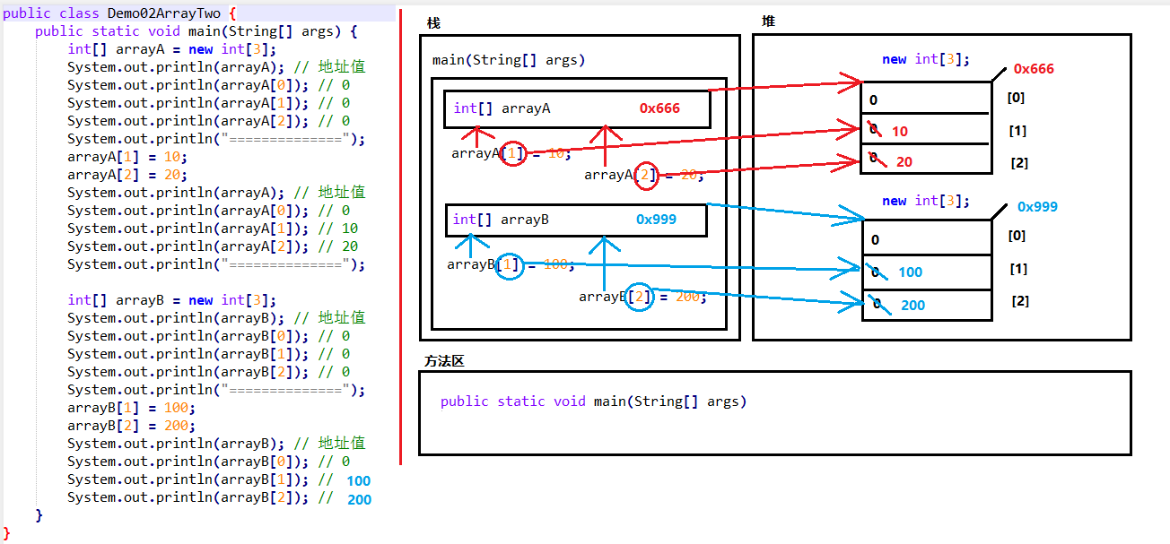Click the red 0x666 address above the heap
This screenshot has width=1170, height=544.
pos(1034,69)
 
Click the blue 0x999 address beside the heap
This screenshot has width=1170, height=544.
pos(1037,207)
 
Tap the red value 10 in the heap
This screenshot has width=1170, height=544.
pos(900,132)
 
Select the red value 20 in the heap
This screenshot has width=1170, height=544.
pos(904,162)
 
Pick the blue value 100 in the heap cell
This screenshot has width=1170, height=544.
pos(910,272)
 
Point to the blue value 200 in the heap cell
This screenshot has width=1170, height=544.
pos(912,306)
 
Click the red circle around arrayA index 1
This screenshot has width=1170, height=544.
pos(512,154)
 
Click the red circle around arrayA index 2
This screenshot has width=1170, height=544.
pos(645,176)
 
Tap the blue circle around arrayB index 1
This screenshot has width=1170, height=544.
pos(510,265)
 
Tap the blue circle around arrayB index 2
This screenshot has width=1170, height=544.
pos(640,298)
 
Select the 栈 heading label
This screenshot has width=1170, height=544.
pos(434,22)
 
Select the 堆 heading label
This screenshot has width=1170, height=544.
pos(768,21)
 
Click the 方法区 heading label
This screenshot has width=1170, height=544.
pos(444,361)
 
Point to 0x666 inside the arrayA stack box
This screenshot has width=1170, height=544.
pos(659,108)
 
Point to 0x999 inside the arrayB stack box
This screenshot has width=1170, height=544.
pos(656,220)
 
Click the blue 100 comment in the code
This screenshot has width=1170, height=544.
pos(359,481)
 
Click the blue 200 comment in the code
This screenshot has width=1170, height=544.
pos(359,499)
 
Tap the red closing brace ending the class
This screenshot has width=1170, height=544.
pos(7,533)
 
